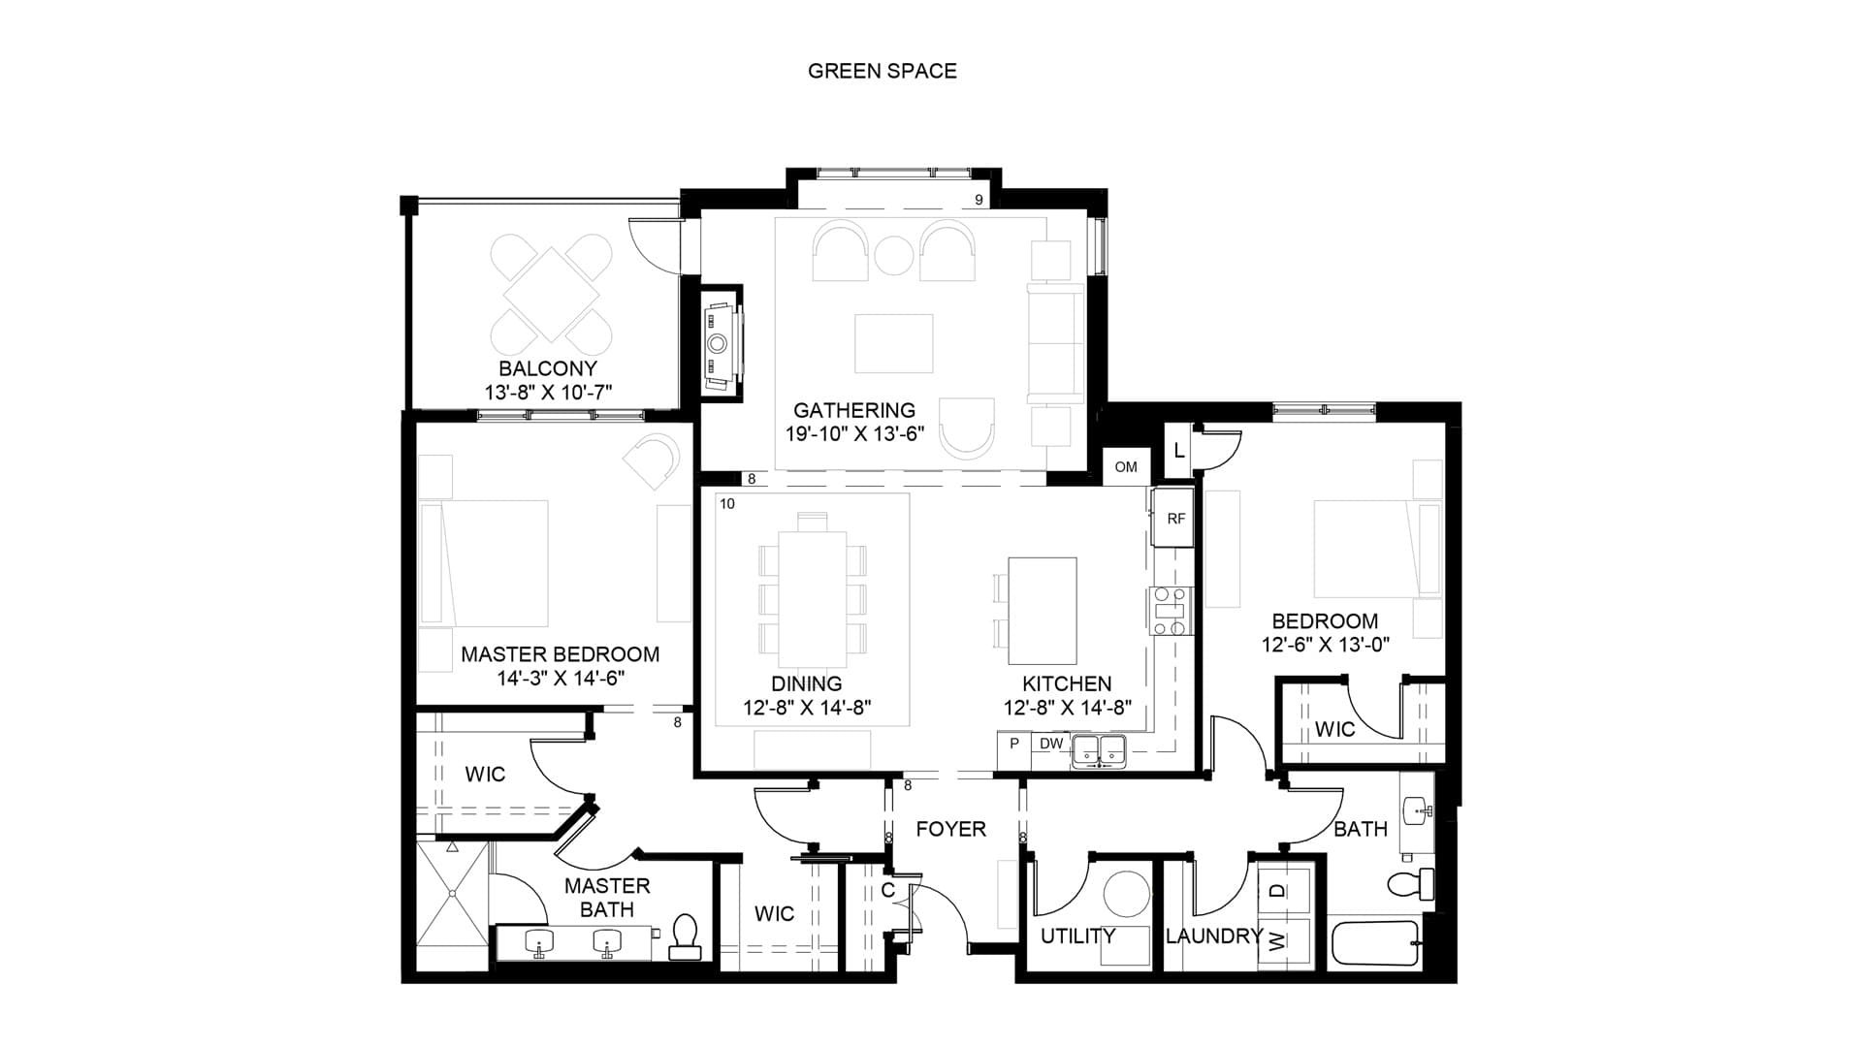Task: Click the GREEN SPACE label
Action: [x=883, y=71]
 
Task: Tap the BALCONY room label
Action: [x=548, y=368]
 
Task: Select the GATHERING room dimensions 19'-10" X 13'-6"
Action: [x=854, y=434]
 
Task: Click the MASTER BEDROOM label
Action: [x=561, y=654]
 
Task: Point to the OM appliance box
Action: [x=1126, y=466]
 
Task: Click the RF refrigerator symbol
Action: [x=1175, y=519]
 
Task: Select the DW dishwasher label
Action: [x=1051, y=744]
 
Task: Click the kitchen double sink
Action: [x=1100, y=749]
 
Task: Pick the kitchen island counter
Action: [x=1043, y=611]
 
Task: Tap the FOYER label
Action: [x=951, y=829]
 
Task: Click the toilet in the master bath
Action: [x=686, y=936]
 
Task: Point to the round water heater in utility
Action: [x=1127, y=895]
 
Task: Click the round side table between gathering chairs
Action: [x=894, y=255]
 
